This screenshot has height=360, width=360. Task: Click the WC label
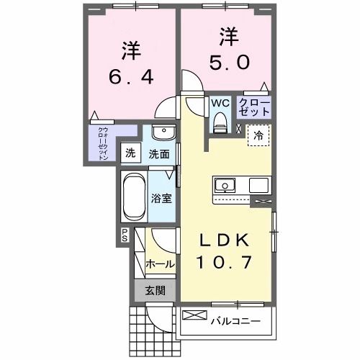pyautogui.click(x=220, y=103)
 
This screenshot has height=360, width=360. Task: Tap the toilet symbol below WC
pyautogui.click(x=220, y=122)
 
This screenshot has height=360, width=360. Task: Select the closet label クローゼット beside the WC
pyautogui.click(x=253, y=107)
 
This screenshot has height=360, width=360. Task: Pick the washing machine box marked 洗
pyautogui.click(x=130, y=152)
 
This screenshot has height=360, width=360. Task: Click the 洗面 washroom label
pyautogui.click(x=159, y=153)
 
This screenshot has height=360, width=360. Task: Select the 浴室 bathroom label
pyautogui.click(x=161, y=199)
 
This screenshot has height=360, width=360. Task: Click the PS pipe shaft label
pyautogui.click(x=124, y=234)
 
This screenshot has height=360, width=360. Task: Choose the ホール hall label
pyautogui.click(x=160, y=264)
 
